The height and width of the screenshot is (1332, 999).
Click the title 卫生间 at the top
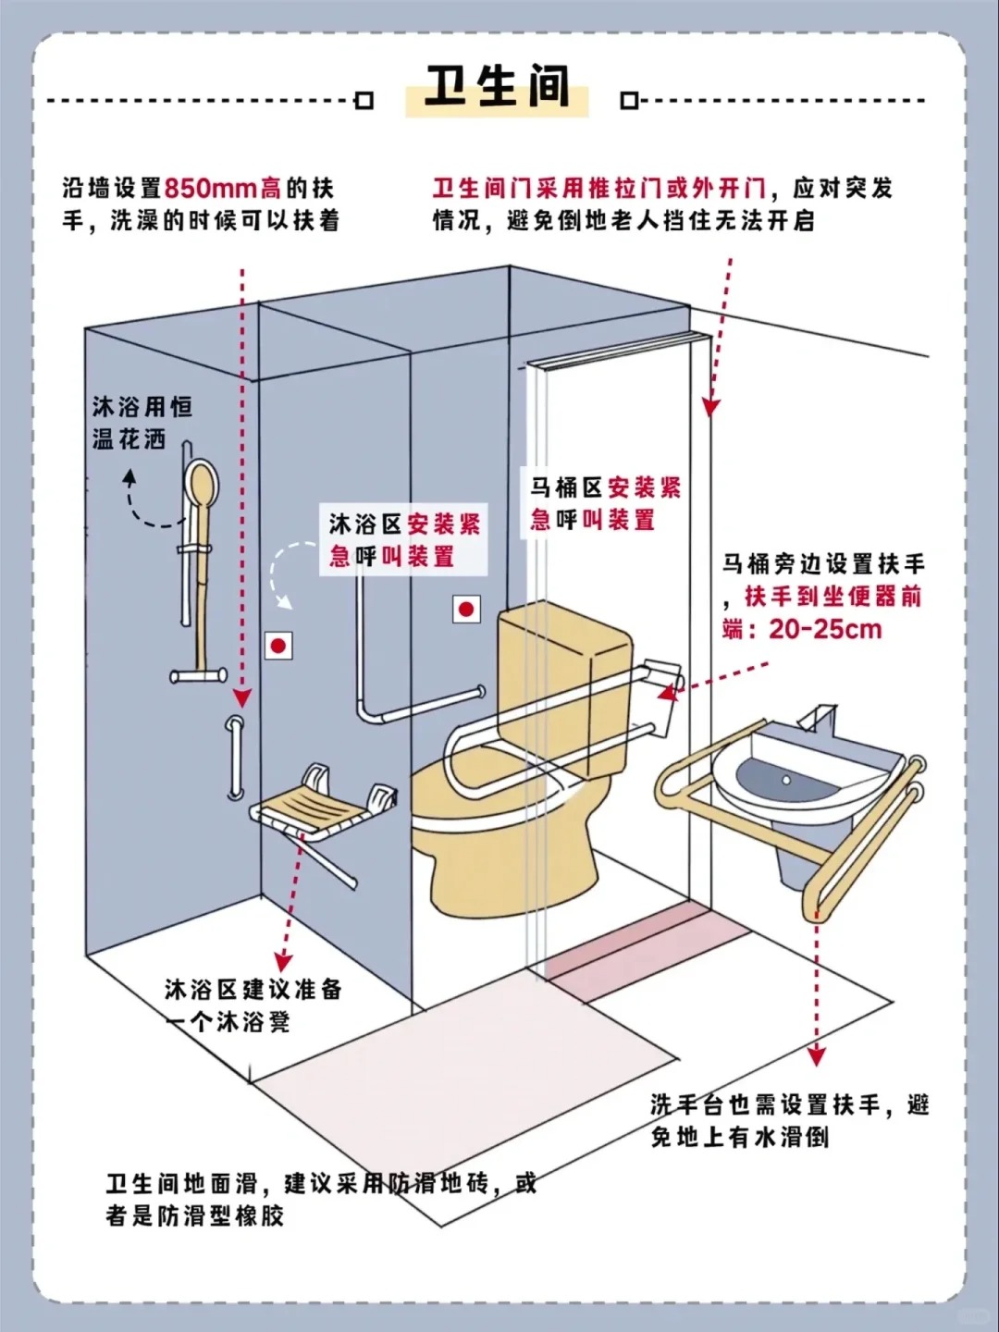coord(497,87)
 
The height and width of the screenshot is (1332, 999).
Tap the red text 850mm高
coord(223,189)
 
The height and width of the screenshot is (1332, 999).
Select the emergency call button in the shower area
coord(277,645)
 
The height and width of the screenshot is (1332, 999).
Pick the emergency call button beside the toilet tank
coord(466,609)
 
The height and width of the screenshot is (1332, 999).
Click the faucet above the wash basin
coord(819,718)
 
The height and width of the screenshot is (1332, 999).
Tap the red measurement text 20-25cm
coord(825,630)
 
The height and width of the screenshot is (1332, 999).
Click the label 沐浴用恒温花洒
coord(142,423)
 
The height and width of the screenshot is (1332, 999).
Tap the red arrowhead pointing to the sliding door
coord(709,406)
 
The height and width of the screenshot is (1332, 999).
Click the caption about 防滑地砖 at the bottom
coord(320,1199)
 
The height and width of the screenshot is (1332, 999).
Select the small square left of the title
coord(364,100)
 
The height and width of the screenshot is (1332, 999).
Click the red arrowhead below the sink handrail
coord(816,1055)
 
